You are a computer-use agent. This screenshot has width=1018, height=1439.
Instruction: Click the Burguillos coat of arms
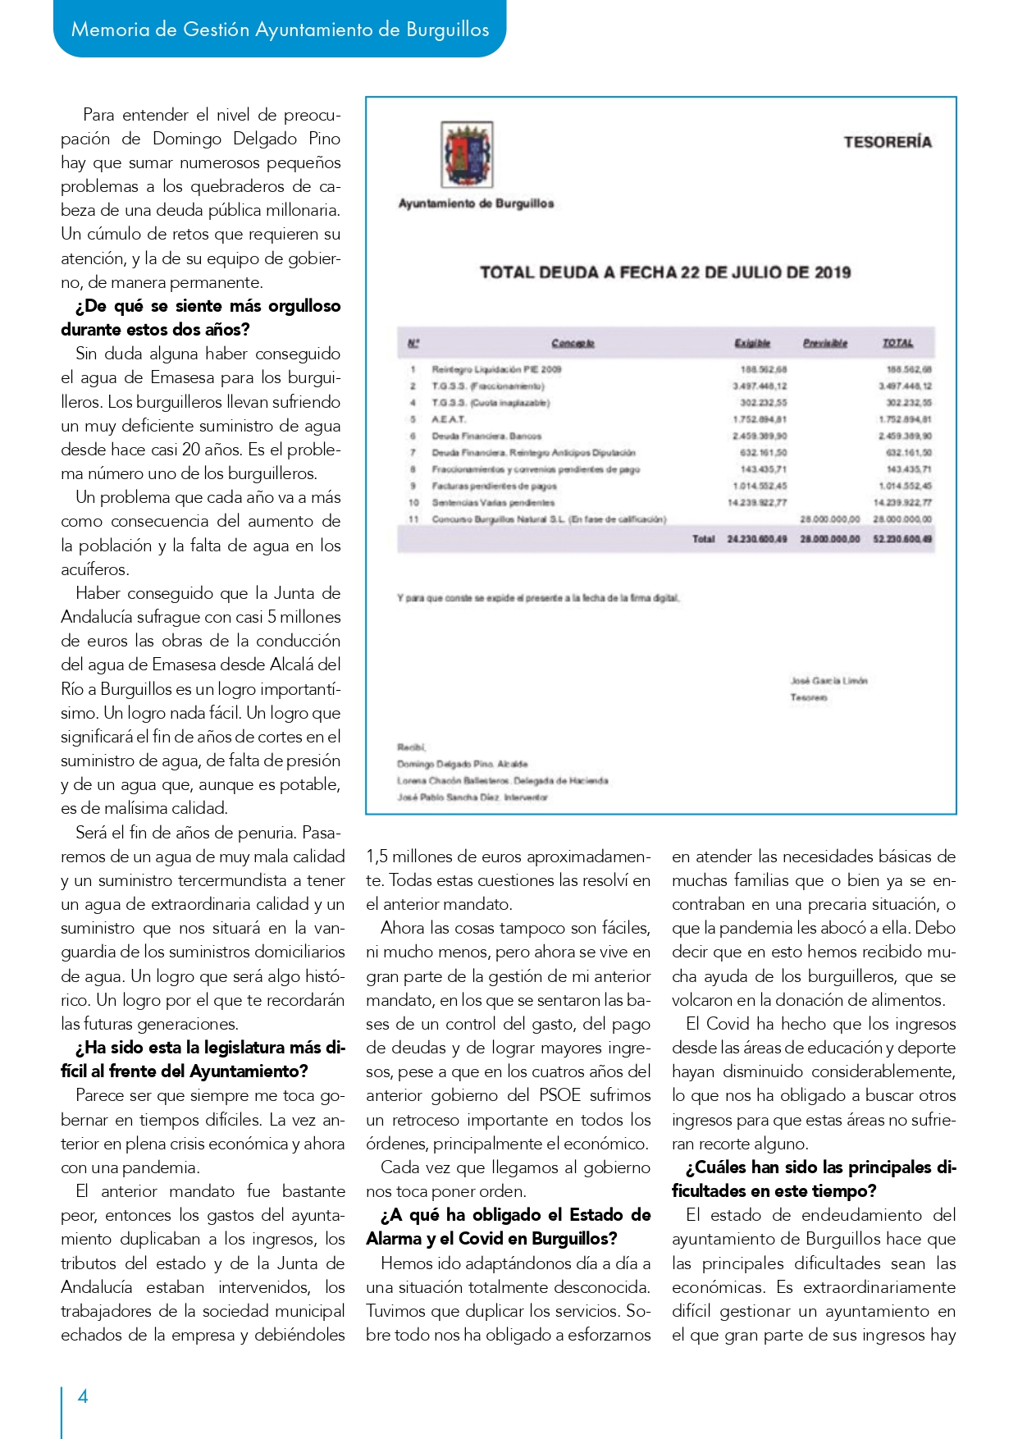tap(467, 155)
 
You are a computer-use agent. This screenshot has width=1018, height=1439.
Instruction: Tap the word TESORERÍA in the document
tap(888, 142)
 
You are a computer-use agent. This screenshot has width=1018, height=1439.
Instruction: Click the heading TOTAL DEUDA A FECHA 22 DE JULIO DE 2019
tap(664, 272)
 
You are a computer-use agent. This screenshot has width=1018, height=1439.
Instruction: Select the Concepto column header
tap(573, 343)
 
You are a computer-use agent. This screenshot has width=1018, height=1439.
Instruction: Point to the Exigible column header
tap(751, 343)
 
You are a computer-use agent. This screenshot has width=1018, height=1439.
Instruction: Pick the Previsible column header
tap(824, 343)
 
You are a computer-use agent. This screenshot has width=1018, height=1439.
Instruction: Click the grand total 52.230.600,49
tap(902, 539)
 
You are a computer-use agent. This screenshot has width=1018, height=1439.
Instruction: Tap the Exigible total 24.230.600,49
tap(756, 539)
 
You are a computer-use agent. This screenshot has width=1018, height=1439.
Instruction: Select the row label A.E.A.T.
tap(449, 419)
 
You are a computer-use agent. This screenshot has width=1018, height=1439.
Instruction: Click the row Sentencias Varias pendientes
tap(493, 502)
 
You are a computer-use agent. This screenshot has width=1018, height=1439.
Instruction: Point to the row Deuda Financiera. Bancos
tap(486, 436)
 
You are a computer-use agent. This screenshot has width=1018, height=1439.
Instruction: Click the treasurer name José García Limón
tap(829, 680)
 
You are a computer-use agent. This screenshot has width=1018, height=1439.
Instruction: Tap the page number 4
tap(83, 1396)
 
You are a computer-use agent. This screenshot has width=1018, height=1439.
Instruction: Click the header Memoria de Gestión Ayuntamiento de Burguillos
tap(280, 30)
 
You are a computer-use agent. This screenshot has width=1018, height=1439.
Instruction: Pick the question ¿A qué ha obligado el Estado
tap(515, 1215)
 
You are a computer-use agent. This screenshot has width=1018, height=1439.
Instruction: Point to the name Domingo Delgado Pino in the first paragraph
tap(246, 139)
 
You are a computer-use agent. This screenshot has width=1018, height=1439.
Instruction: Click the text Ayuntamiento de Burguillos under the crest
tap(476, 203)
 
